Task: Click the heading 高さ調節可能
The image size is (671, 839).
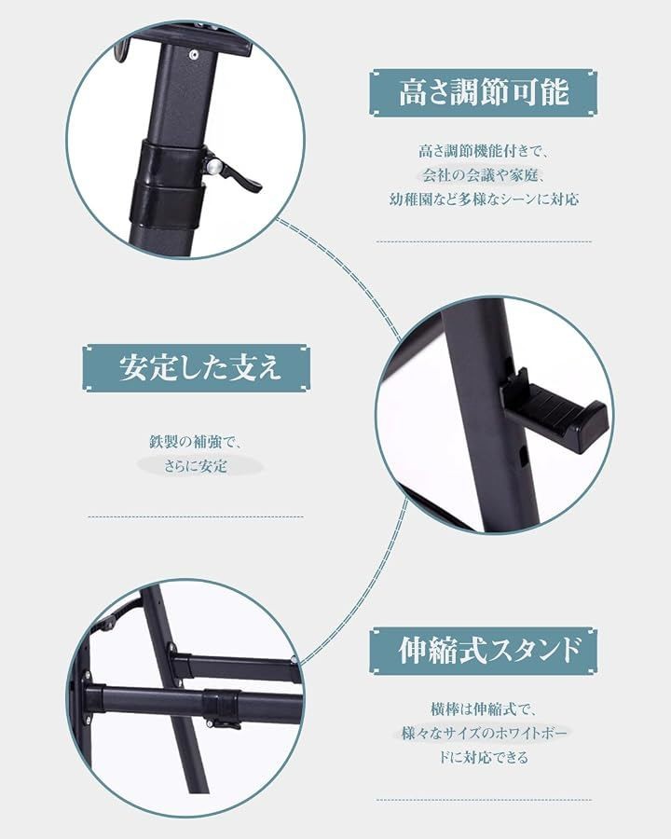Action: click(483, 92)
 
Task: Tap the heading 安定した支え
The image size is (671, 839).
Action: click(199, 367)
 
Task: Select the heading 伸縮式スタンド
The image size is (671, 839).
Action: click(488, 650)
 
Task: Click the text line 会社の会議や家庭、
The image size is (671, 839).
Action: click(484, 175)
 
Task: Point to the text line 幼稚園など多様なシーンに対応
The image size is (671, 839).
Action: click(484, 199)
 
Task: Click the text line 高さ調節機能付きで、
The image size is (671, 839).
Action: click(484, 151)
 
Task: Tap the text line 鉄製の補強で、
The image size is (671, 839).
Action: click(196, 442)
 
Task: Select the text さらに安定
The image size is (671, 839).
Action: click(196, 466)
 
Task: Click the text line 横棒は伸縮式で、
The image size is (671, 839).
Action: click(483, 709)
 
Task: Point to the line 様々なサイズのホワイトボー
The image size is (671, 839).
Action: click(484, 733)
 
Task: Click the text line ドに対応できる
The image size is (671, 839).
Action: click(484, 757)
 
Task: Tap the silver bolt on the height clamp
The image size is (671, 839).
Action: click(213, 168)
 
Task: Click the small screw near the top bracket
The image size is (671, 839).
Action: click(193, 54)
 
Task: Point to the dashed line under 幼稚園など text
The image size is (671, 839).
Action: click(484, 241)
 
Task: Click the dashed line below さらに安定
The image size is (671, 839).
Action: click(196, 516)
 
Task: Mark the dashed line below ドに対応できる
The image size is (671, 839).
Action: click(484, 801)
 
